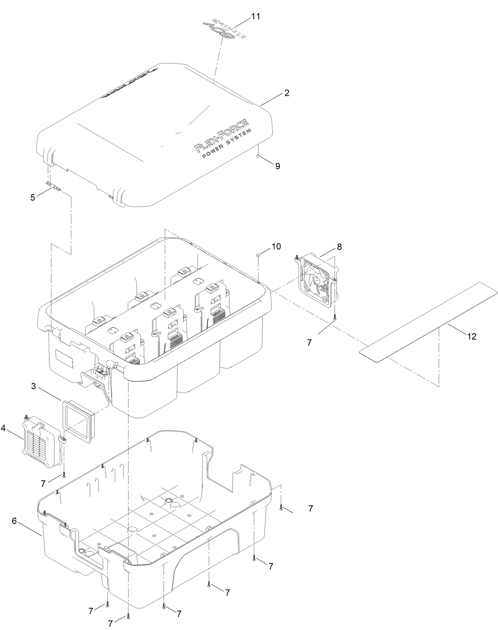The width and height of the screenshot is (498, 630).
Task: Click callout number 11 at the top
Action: [256, 17]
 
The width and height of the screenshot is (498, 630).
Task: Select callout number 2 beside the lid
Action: [287, 93]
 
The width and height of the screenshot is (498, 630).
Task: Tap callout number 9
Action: [278, 166]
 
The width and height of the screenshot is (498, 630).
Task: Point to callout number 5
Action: [33, 197]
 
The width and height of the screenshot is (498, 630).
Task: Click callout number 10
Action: [276, 246]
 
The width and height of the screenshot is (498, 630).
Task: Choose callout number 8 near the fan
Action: [339, 247]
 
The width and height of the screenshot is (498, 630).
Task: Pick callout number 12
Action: [471, 336]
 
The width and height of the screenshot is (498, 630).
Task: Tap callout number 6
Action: [14, 521]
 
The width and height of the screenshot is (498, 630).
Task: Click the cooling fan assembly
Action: [318, 281]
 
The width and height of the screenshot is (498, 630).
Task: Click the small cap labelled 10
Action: [258, 255]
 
